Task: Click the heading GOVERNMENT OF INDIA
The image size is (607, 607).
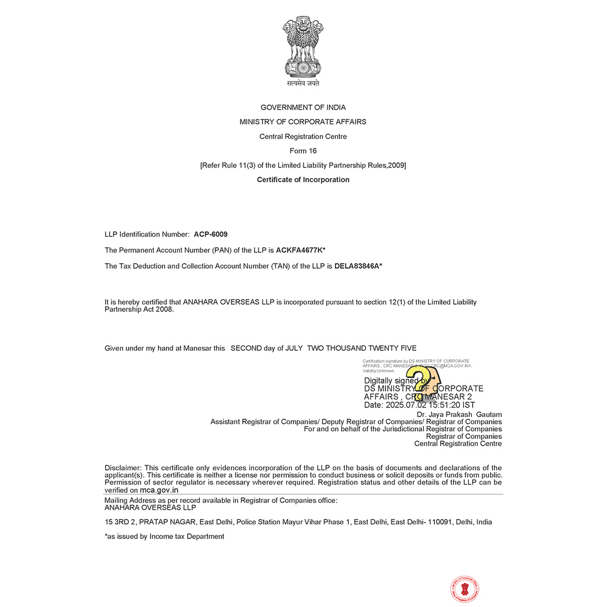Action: tap(303, 107)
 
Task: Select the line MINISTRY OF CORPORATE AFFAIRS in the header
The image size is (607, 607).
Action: tap(303, 122)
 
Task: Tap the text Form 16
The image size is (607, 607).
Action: tap(303, 151)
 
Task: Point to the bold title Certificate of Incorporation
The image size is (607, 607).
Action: tap(303, 180)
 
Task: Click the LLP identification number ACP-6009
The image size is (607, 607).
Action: tap(211, 234)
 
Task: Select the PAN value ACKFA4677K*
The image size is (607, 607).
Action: tap(301, 250)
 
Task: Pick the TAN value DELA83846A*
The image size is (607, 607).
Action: tap(358, 266)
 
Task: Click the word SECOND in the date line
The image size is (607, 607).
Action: tap(246, 348)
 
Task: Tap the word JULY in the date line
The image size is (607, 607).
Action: tap(294, 348)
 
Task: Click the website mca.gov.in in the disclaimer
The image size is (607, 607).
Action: tap(159, 490)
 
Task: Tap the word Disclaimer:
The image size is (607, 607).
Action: tap(123, 468)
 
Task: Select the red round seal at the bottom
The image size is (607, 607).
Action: tap(465, 589)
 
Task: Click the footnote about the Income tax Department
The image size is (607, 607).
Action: tap(164, 536)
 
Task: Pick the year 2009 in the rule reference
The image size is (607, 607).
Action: tap(396, 165)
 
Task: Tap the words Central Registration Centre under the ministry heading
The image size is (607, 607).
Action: tap(303, 137)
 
